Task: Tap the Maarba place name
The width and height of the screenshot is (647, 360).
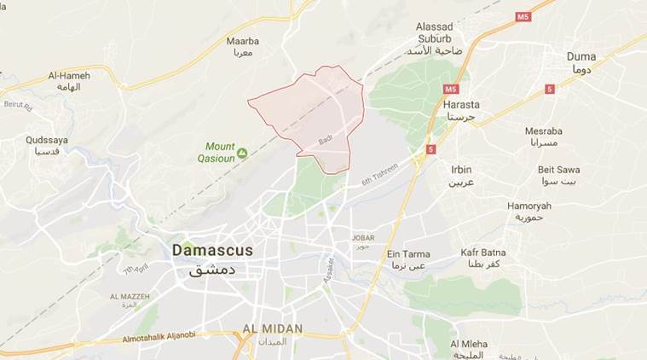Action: (x=242, y=41)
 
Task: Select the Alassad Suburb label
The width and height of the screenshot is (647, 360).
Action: (x=434, y=32)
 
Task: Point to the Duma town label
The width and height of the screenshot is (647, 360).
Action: (x=581, y=57)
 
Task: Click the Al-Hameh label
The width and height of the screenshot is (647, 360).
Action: (x=70, y=76)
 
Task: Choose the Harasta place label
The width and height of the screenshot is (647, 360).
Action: (x=462, y=105)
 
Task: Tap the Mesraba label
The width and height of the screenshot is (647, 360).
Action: (x=544, y=132)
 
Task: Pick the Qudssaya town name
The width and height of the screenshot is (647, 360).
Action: (x=47, y=140)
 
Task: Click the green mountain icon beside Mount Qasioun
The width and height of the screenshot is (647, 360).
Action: (x=242, y=153)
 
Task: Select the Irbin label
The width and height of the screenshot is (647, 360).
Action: (x=461, y=170)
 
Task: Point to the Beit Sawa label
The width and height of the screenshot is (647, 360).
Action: (x=559, y=170)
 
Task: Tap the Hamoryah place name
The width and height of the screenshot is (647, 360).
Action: (x=529, y=206)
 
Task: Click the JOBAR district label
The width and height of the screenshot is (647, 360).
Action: (x=363, y=237)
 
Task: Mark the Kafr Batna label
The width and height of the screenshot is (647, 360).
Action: (x=483, y=253)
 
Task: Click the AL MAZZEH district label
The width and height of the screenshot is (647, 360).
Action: (x=129, y=296)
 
